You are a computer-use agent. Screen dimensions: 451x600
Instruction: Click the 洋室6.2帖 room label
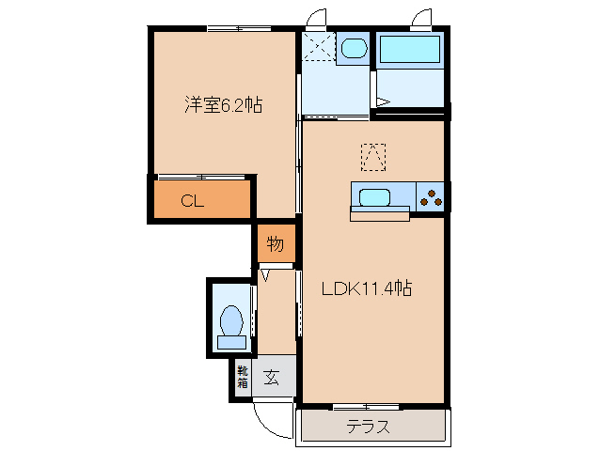coord(222,106)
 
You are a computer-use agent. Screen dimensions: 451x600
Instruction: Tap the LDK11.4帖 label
coord(368,288)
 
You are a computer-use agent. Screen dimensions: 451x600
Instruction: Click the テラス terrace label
coord(368,427)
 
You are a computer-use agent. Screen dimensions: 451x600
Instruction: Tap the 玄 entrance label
coord(272,378)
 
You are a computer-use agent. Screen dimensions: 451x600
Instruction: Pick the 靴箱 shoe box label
coord(242,377)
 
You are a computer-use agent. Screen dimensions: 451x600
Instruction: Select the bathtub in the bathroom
coord(409,53)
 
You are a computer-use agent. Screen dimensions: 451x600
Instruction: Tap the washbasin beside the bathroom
coord(354,50)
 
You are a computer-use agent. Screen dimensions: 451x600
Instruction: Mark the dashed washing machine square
coord(319,48)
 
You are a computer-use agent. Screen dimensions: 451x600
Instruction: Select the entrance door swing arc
coord(271,422)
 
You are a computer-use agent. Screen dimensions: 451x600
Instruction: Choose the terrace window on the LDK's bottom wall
coord(367,407)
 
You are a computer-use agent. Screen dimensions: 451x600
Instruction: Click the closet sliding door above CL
coord(202,177)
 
